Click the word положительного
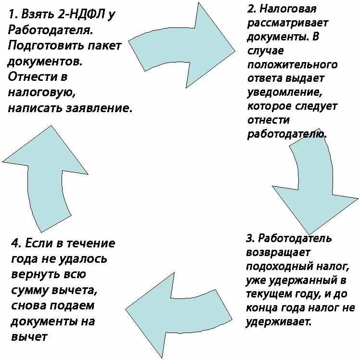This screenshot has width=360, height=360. pyautogui.click(x=292, y=64)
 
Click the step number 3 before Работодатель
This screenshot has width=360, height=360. pyautogui.click(x=249, y=238)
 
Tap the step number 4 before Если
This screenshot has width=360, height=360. pyautogui.click(x=13, y=243)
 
